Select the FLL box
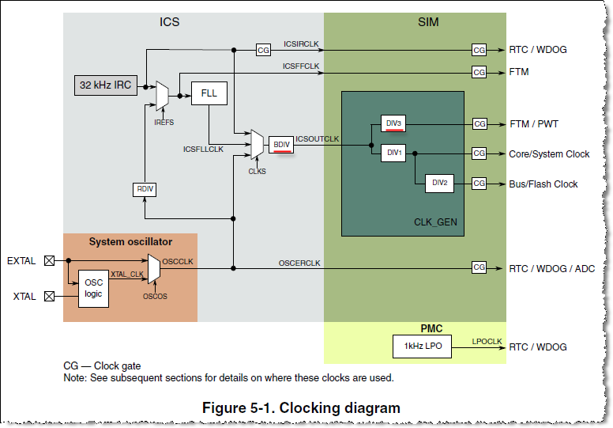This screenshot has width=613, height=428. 209,93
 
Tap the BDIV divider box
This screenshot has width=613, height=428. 281,144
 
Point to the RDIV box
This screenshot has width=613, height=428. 144,189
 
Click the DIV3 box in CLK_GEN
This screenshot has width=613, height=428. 393,123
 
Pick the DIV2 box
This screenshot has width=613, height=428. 439,183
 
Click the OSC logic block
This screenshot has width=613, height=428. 94,288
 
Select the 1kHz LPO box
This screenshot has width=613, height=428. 422,347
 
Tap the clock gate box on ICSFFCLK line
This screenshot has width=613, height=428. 479,72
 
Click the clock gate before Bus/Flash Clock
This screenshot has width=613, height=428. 479,184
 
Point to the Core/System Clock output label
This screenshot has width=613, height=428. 549,154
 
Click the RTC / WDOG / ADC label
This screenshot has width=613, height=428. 551,268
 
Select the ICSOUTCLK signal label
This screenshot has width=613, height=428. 317,139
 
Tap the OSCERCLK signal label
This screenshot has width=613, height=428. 299,262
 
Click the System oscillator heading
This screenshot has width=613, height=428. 130,241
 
